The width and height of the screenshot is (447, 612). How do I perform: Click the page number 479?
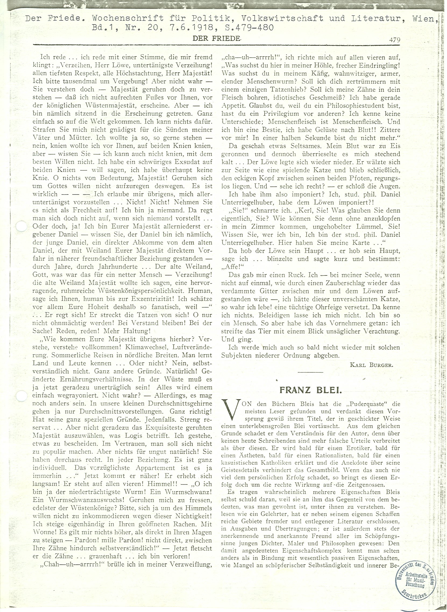coord(395,40)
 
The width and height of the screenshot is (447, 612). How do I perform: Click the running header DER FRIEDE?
coord(216,39)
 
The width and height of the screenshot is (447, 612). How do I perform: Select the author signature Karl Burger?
coord(372,365)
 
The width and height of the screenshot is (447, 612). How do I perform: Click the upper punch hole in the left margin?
coord(21,226)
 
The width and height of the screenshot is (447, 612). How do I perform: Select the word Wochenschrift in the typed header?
coord(127,18)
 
